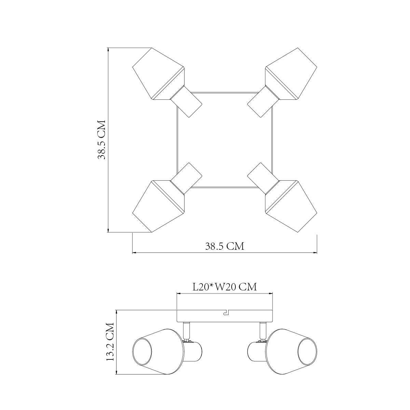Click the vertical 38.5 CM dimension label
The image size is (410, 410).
pos(101,140)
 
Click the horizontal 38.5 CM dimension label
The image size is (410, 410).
pos(225,246)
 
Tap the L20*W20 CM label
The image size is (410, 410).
pos(225,287)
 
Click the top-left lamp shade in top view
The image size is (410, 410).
pos(158,73)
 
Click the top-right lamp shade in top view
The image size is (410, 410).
pos(291,73)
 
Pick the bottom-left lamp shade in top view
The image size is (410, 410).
pos(158,206)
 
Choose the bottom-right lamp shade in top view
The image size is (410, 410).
pos(291,206)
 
